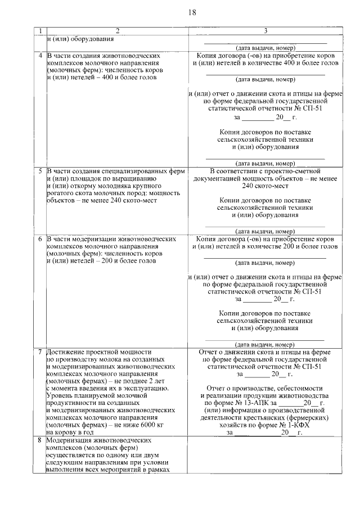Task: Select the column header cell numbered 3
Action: tap(265, 30)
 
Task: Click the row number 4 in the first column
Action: tap(40, 56)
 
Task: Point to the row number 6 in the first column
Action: tap(40, 239)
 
